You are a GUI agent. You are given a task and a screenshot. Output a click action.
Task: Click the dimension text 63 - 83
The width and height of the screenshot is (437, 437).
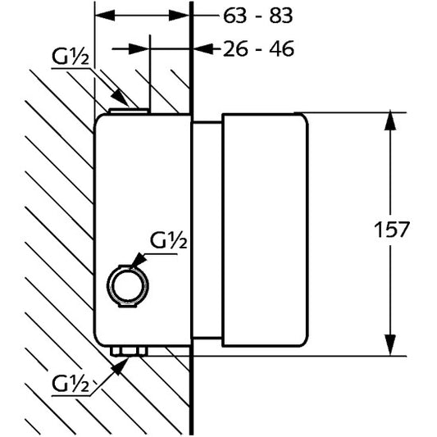pos(257,16)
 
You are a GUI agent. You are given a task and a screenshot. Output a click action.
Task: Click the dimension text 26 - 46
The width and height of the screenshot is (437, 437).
pos(258,49)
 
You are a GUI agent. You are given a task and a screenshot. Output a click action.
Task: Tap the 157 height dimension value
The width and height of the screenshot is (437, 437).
pos(391,230)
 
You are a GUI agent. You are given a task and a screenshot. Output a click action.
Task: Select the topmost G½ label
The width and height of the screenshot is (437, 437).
pos(71,57)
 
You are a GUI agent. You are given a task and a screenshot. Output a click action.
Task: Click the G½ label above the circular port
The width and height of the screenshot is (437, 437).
pos(168,240)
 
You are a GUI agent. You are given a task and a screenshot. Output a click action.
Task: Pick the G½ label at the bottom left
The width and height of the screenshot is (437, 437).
pos(71,384)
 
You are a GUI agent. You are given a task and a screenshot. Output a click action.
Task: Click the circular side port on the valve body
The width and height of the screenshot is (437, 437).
pos(128,285)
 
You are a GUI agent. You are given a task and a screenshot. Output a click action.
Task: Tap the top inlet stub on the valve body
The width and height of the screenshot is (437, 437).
pos(129,112)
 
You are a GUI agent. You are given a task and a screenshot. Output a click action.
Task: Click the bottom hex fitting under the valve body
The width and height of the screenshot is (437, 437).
pos(129,352)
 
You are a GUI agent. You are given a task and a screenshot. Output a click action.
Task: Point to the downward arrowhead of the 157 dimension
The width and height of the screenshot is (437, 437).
pos(390,346)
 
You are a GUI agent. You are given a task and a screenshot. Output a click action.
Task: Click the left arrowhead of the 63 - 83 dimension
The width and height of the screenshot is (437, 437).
pos(105,15)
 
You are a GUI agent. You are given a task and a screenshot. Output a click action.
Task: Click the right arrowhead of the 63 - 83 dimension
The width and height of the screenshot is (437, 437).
pos(180,15)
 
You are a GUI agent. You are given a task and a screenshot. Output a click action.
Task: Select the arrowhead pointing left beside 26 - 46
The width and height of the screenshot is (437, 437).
pos(203,48)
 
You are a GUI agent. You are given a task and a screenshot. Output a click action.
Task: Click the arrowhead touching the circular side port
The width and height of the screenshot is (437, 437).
pos(139,260)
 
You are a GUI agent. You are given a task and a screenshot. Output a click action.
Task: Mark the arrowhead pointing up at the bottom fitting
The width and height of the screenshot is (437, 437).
pos(120,366)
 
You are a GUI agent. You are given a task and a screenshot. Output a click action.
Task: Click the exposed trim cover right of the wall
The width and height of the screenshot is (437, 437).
pos(265,230)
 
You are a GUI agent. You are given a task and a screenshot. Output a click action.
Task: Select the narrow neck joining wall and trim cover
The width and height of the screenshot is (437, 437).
pos(207,230)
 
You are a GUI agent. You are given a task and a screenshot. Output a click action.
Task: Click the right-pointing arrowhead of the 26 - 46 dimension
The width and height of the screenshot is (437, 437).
pos(139,48)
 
